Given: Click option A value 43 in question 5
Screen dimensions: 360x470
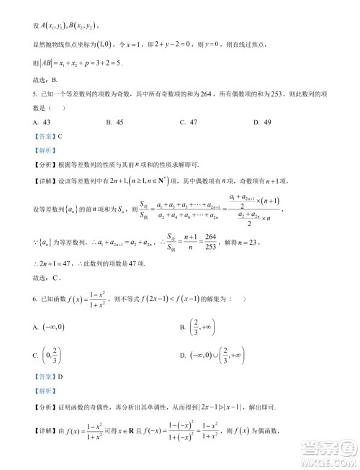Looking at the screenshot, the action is click(35, 122).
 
